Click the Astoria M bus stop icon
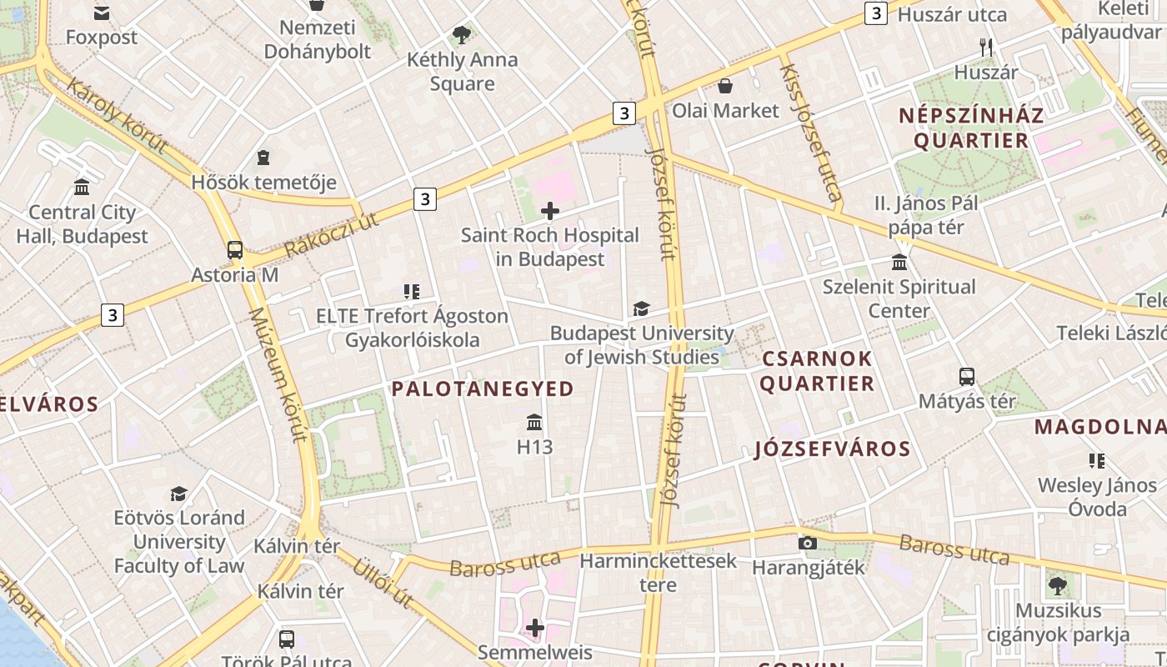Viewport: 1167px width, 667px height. click(235, 250)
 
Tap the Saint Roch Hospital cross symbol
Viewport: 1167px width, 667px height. click(550, 211)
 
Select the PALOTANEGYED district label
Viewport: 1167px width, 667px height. click(483, 389)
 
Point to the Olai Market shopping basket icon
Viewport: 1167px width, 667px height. click(725, 86)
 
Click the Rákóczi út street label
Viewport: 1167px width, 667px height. click(331, 235)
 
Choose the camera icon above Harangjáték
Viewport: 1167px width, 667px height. click(807, 544)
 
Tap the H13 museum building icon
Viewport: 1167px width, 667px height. click(534, 423)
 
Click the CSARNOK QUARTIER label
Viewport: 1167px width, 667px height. click(817, 371)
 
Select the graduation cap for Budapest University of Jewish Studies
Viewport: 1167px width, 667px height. click(640, 309)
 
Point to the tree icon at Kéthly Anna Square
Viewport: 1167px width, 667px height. click(462, 35)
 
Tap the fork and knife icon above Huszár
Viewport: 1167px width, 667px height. click(986, 48)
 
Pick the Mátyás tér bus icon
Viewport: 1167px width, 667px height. click(967, 377)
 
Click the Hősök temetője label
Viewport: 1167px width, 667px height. click(264, 182)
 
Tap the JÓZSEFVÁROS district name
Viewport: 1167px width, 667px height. click(832, 449)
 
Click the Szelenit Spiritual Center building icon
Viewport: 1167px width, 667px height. click(899, 263)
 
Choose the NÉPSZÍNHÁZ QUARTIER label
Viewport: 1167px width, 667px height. click(971, 128)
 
